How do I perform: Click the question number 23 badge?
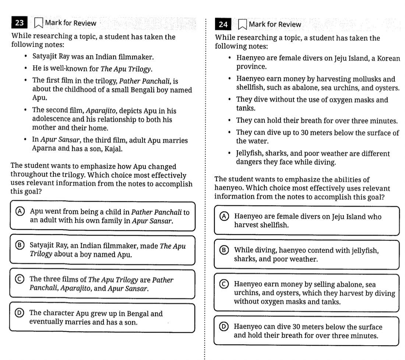click(x=20, y=23)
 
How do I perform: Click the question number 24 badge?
click(x=223, y=25)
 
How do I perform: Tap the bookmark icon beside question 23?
click(x=38, y=23)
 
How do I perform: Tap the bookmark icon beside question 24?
click(x=242, y=25)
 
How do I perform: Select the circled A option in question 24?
click(x=224, y=216)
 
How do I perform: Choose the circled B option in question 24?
click(x=224, y=250)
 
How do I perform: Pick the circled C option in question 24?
click(x=224, y=284)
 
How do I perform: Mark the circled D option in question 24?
click(x=224, y=327)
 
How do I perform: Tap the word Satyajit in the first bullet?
click(x=44, y=57)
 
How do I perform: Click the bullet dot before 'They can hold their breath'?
click(x=230, y=121)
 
